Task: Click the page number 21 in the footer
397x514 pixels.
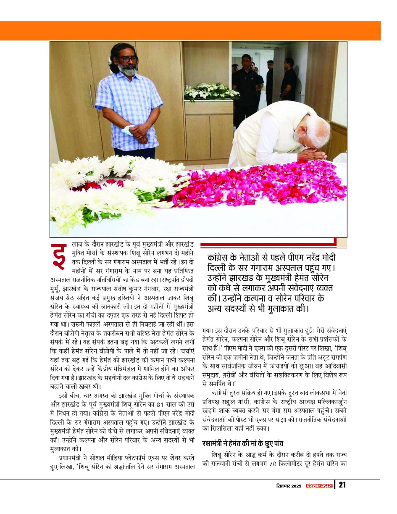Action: (342, 485)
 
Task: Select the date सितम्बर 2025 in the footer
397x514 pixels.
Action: (287, 486)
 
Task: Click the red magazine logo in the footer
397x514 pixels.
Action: (318, 486)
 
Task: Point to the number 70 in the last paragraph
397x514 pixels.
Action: (273, 464)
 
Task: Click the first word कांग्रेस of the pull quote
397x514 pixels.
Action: (221, 258)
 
